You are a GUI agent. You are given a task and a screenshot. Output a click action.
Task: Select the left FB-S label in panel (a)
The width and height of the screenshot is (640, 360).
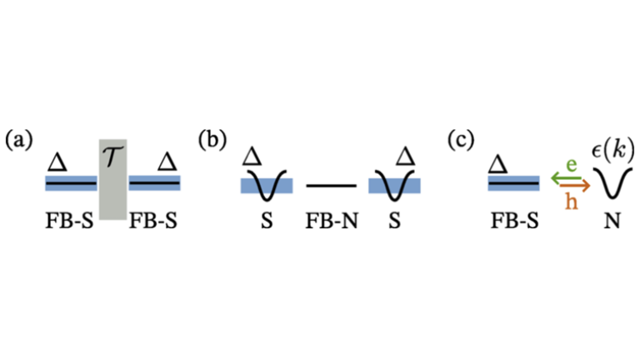click(72, 221)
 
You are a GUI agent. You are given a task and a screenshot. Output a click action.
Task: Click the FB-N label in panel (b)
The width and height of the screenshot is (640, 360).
click(331, 221)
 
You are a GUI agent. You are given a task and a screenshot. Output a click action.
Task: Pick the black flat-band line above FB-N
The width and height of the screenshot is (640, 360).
click(331, 185)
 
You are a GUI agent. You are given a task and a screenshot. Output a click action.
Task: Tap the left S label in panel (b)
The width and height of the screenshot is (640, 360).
click(267, 221)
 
